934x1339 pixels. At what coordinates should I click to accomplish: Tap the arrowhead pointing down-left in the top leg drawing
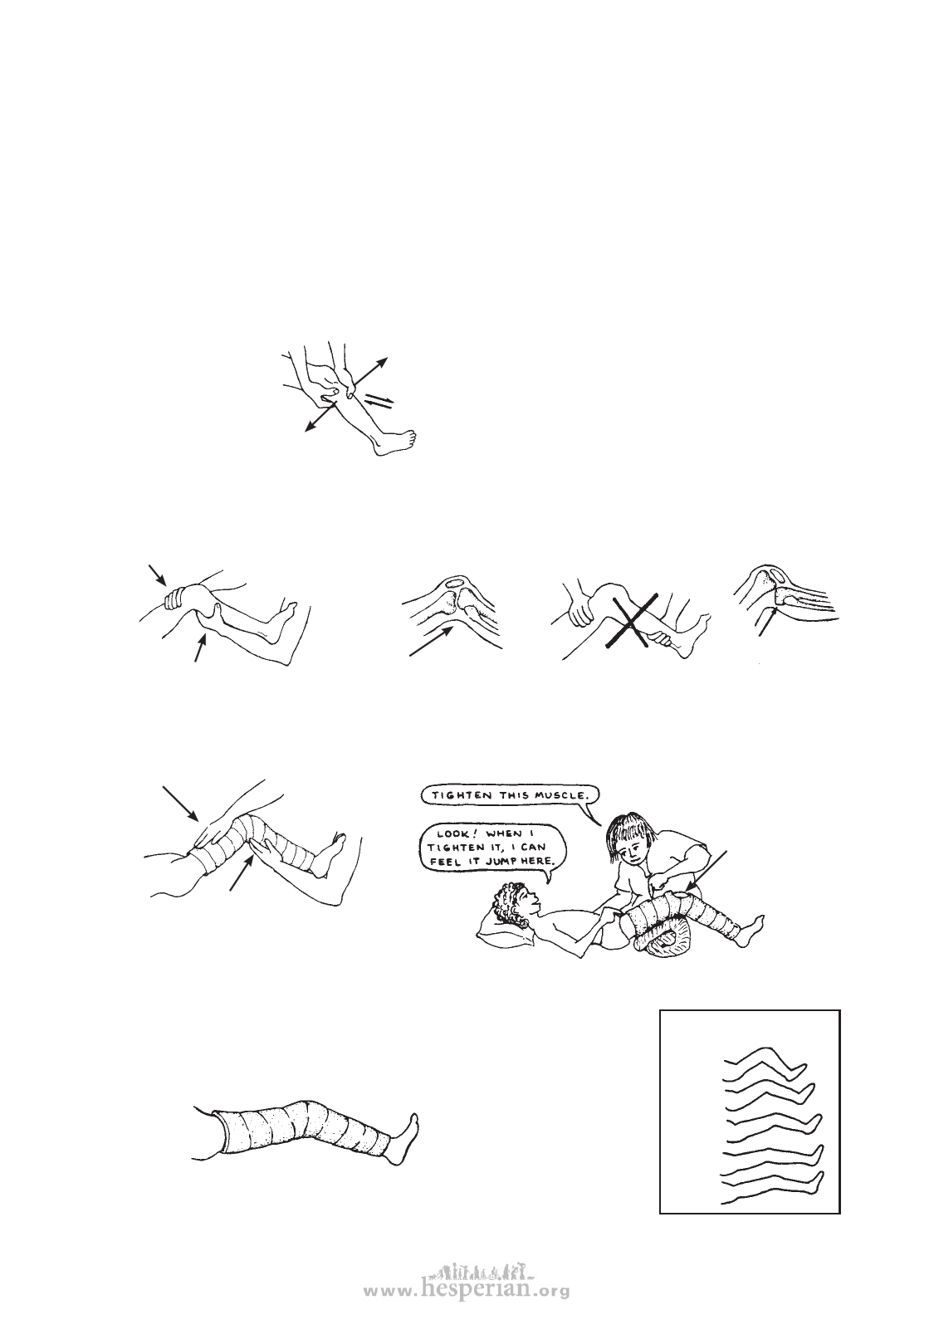tap(310, 425)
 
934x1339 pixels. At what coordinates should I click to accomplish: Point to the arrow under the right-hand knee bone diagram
tap(768, 622)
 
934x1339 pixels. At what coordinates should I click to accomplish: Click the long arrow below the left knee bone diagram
tap(431, 641)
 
